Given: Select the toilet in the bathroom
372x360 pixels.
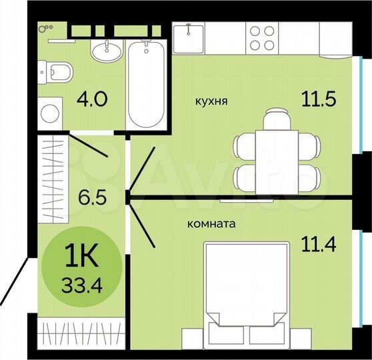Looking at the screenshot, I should (x=55, y=72).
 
